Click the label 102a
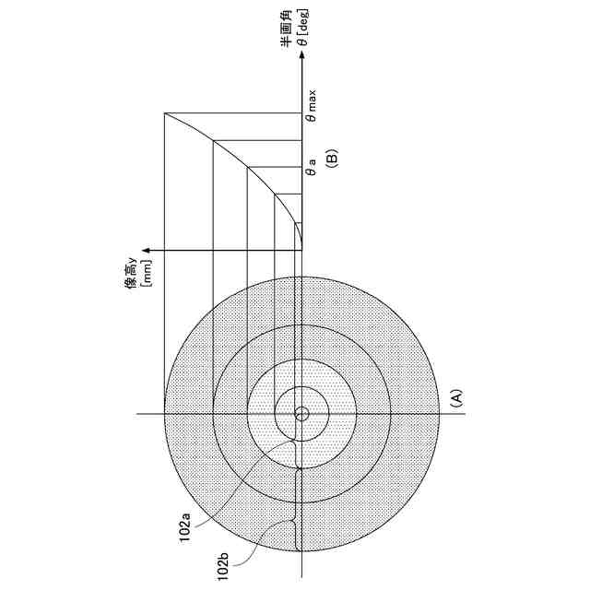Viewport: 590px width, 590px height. click(185, 526)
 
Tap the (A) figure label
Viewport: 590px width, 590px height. click(456, 399)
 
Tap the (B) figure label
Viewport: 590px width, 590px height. click(332, 158)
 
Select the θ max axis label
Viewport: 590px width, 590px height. click(312, 106)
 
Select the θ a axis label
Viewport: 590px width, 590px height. click(312, 167)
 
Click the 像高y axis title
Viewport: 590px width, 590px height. click(132, 273)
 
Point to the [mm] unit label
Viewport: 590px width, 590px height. click(147, 273)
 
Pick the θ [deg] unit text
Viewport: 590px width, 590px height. click(302, 27)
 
